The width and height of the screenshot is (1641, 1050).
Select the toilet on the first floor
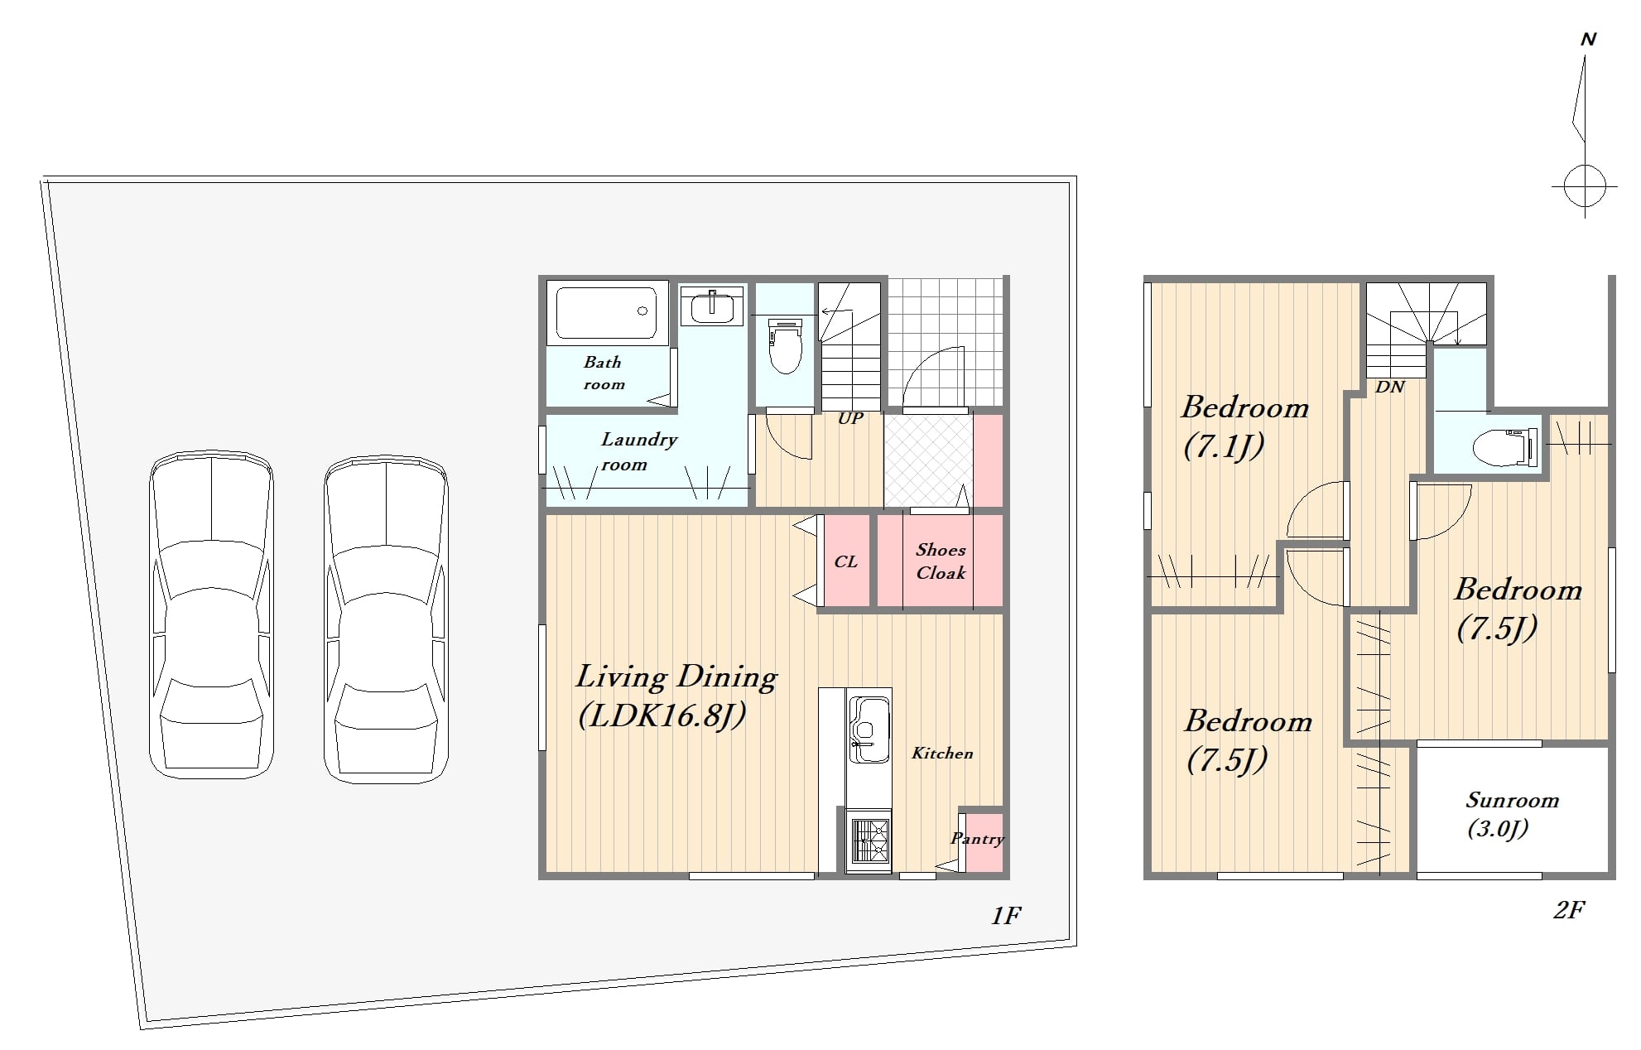point(785,346)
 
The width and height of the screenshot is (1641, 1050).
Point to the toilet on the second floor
point(1506,447)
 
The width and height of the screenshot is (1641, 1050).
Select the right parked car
point(386,619)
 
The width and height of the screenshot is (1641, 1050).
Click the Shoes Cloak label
point(941,561)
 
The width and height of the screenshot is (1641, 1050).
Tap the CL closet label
point(845,561)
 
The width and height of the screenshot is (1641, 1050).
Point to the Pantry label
point(977,838)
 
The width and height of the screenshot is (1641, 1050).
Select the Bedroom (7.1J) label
point(1244,426)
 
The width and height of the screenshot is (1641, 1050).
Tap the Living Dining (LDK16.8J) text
point(676,696)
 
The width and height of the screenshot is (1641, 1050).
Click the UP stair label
point(850,418)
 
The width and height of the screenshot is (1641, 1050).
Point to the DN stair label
point(1390,387)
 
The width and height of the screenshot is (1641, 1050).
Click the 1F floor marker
point(1006,915)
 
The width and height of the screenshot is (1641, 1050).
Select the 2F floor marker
point(1568,910)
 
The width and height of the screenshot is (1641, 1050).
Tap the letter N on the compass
point(1588,39)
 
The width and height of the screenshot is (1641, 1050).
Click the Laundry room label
point(638,451)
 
